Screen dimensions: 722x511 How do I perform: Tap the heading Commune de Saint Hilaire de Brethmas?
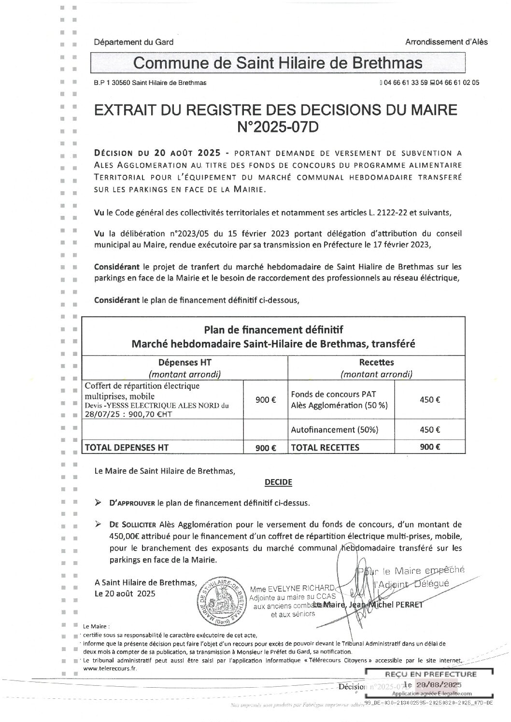pyautogui.click(x=278, y=63)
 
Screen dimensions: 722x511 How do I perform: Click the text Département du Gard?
pyautogui.click(x=134, y=42)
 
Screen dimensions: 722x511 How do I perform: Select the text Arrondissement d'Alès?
pyautogui.click(x=446, y=42)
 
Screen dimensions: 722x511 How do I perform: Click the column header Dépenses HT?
pyautogui.click(x=185, y=362)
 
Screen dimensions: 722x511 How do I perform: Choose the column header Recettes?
pyautogui.click(x=376, y=362)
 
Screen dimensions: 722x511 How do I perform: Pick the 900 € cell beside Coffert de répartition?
pyautogui.click(x=266, y=399)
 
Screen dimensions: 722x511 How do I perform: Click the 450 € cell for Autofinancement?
pyautogui.click(x=430, y=429)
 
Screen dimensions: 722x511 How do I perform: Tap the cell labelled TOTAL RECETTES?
pyautogui.click(x=325, y=447)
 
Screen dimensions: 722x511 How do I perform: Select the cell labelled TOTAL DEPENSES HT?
pyautogui.click(x=127, y=447)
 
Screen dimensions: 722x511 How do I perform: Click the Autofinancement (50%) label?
pyautogui.click(x=335, y=429)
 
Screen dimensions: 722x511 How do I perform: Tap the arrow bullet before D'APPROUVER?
pyautogui.click(x=99, y=503)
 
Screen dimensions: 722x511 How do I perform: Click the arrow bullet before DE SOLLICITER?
pyautogui.click(x=99, y=524)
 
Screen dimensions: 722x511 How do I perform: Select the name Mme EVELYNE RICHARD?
pyautogui.click(x=292, y=588)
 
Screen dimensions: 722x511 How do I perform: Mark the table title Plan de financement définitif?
pyautogui.click(x=273, y=330)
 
